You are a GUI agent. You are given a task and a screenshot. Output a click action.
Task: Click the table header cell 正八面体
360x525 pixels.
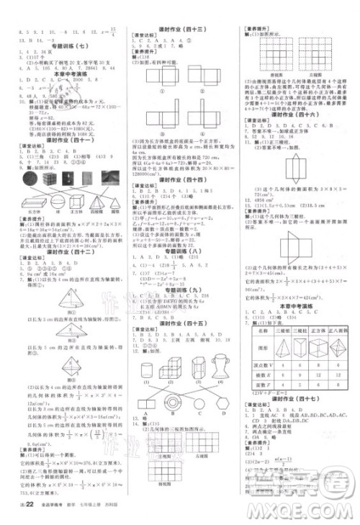[x=336, y=335]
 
